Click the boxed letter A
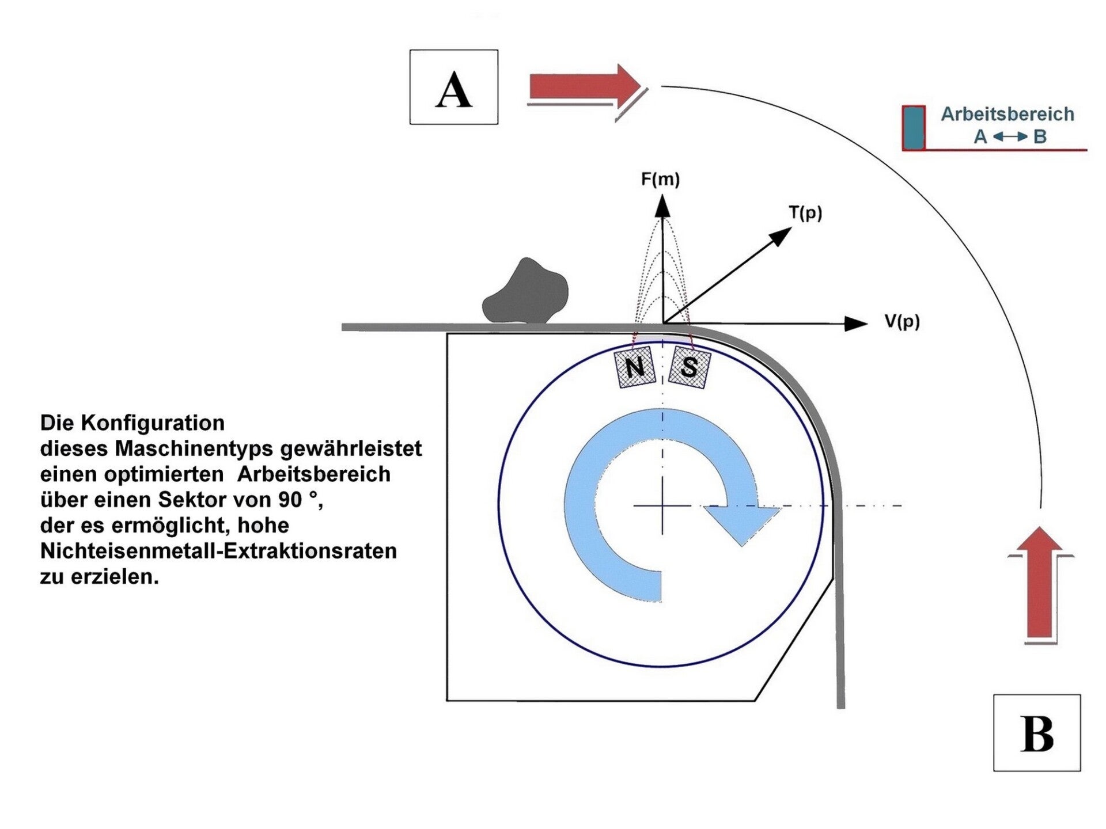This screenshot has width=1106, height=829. pos(453,88)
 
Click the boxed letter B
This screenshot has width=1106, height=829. pos(1036,733)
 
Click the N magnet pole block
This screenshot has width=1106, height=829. pos(634,367)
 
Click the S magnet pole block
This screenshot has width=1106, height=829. pos(689,367)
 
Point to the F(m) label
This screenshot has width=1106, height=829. pos(660,180)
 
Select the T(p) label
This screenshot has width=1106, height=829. pos(805,213)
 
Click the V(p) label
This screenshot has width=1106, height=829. pos(902,321)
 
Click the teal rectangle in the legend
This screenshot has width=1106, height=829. pos(913,127)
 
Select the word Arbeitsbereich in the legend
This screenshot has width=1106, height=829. pos(1007,114)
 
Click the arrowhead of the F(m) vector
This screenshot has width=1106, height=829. pos(662,206)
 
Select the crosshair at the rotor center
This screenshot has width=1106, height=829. pos(662,505)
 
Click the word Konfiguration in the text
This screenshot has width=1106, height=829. pos(153,423)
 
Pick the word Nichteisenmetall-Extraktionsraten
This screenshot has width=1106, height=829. pos(218,551)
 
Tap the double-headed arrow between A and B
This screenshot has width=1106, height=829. pos(1010,137)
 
